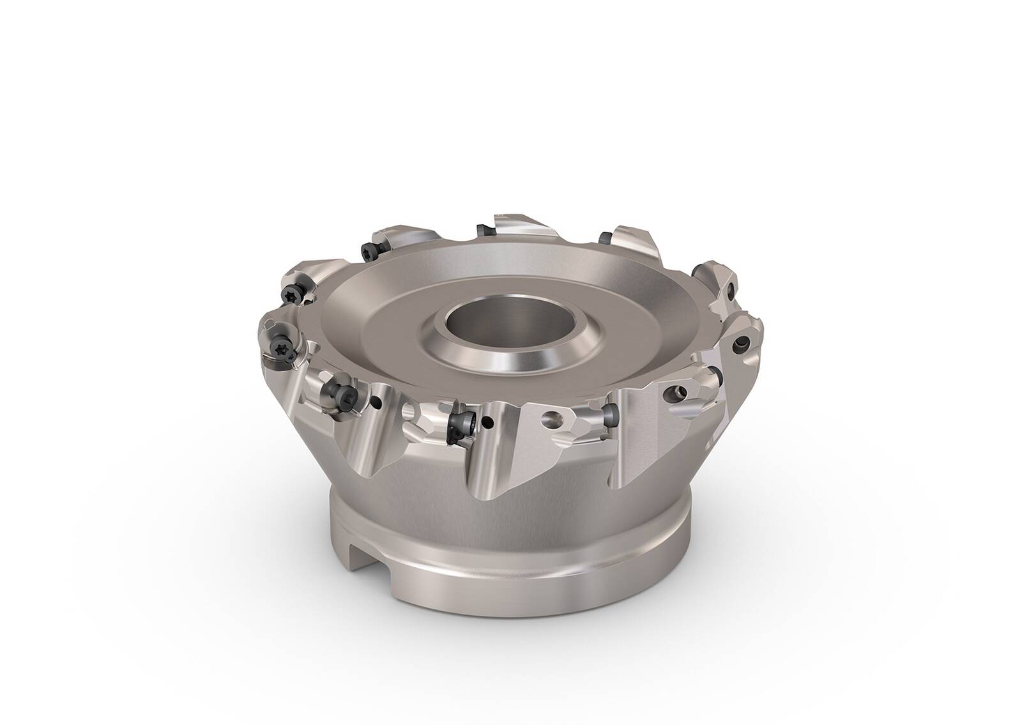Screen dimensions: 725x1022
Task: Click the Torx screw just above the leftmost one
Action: click(290, 293)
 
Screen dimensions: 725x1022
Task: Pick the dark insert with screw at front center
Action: click(461, 422)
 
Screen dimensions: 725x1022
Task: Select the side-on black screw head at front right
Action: click(609, 416)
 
